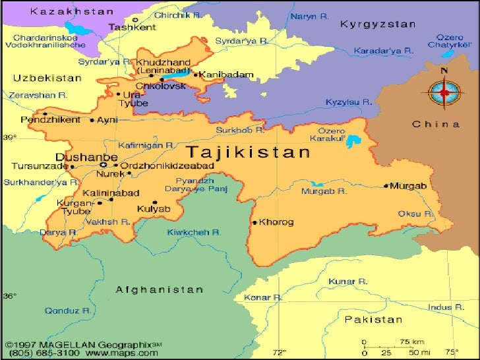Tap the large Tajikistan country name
point(247,153)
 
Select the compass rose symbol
point(444,92)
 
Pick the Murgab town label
point(408,186)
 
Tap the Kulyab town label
point(154,209)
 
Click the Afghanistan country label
point(160,289)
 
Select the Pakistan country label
point(373,320)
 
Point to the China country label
point(436,124)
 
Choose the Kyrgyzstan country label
point(378,24)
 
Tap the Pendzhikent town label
point(51,120)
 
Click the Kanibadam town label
point(226,75)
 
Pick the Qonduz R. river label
point(67,310)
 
